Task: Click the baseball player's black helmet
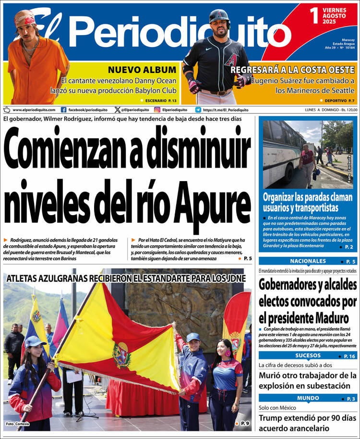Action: [219, 16]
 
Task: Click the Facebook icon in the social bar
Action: [64, 110]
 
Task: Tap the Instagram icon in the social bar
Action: [157, 110]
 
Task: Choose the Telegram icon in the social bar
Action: [198, 110]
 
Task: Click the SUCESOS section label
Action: [308, 355]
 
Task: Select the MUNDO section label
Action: [308, 398]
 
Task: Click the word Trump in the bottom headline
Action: [273, 417]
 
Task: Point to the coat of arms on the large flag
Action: [121, 355]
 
